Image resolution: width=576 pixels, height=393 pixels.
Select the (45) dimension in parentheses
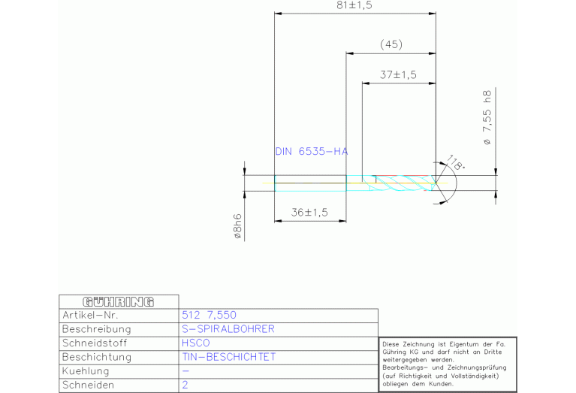pos(391,44)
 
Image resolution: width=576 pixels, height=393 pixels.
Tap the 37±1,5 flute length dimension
pos(398,74)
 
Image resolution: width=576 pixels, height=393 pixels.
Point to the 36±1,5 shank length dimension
pos(309,213)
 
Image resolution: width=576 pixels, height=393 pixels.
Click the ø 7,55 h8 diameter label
pos(487,117)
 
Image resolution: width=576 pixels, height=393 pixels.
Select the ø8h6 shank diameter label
pos(238,225)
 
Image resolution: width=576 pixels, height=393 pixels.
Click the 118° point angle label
pos(455,162)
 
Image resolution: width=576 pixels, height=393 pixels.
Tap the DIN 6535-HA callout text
pos(311,151)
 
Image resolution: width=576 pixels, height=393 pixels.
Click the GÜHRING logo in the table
pos(107,301)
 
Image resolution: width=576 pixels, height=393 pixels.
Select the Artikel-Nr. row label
pos(91,315)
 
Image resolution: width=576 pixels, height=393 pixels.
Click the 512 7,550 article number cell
pos(210,315)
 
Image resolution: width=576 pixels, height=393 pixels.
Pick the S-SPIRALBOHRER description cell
pos(228,329)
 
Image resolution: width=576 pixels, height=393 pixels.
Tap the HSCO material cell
pos(196,343)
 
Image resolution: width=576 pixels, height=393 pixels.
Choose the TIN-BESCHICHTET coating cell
pos(229,357)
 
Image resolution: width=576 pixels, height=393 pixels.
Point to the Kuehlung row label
pos(86,371)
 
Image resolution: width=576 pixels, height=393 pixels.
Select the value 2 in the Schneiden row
pos(185,385)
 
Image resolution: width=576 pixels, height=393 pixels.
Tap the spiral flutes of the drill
pos(402,183)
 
